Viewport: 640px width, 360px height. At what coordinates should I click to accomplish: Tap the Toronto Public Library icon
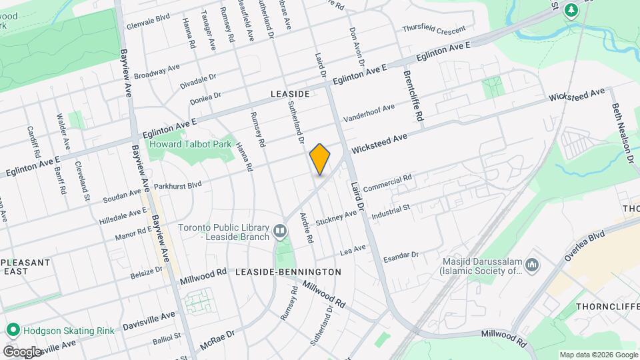coord(280,232)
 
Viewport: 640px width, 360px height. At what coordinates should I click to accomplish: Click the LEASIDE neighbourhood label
coord(290,95)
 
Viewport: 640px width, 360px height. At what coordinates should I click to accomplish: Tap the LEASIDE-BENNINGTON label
coord(289,272)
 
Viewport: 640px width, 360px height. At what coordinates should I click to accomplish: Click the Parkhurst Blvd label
coord(177,185)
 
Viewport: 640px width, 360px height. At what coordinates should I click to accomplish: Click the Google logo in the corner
coord(22,351)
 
